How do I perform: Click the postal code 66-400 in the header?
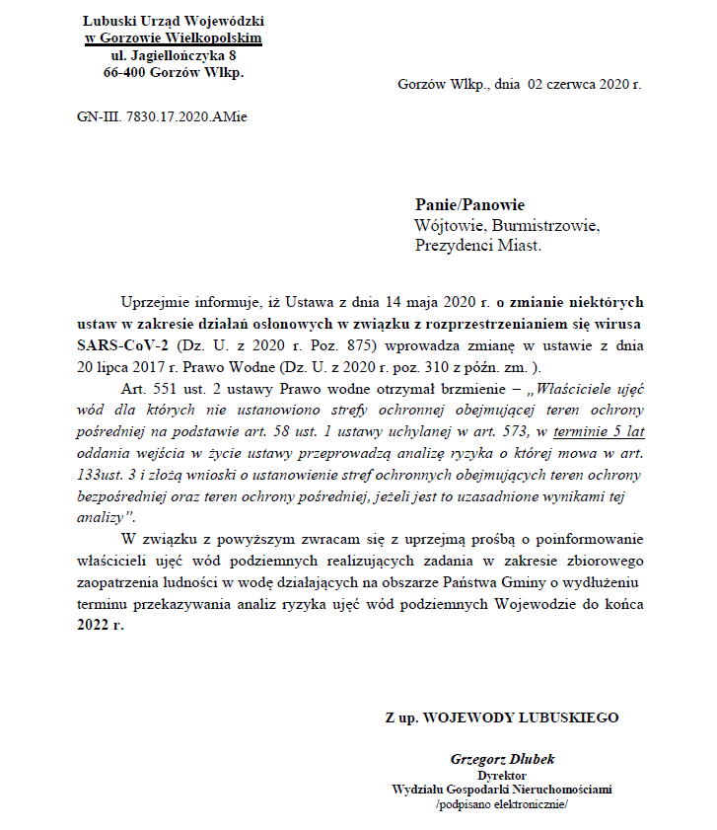(x=123, y=73)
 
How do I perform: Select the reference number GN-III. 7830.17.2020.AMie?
(x=162, y=116)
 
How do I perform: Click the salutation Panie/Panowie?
(x=469, y=205)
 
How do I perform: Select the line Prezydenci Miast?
(x=478, y=246)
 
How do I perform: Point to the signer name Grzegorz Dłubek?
(x=502, y=759)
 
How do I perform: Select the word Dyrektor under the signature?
(x=502, y=776)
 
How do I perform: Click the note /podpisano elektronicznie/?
(x=502, y=804)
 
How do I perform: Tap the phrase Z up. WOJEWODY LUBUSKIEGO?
(x=502, y=717)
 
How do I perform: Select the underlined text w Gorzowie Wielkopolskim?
(x=174, y=38)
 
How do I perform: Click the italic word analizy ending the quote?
(x=101, y=517)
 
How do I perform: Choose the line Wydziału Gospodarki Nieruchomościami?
(x=502, y=790)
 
